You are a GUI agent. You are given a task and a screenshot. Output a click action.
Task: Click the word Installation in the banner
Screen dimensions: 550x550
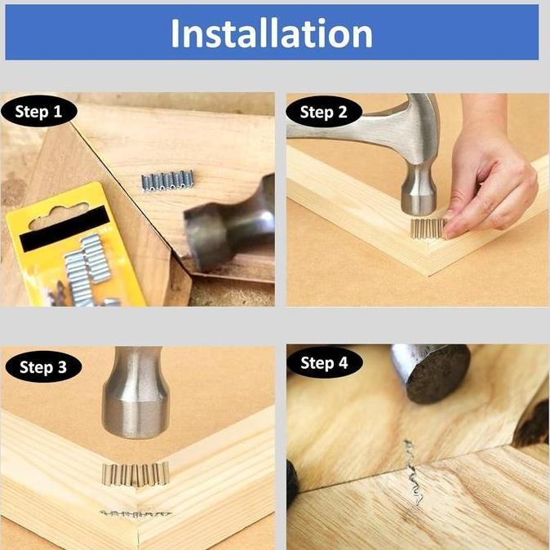click(271, 33)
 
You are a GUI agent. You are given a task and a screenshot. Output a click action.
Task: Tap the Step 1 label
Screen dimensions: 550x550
click(38, 112)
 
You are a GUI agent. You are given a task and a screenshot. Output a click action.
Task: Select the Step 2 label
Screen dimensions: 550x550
click(324, 112)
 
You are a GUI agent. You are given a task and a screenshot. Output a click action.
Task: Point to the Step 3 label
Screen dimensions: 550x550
click(43, 367)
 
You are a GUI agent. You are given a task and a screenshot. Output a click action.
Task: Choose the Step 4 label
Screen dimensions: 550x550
click(324, 362)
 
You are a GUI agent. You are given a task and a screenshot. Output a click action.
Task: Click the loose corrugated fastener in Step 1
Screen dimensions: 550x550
click(167, 180)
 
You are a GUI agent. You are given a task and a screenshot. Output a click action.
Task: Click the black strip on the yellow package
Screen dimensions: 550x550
click(64, 228)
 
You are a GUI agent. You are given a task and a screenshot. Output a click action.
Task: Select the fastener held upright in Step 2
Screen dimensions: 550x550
click(428, 228)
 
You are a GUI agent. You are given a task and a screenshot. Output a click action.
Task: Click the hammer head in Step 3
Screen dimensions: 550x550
click(135, 393)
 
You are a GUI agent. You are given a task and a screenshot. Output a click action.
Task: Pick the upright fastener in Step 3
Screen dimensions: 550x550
click(135, 474)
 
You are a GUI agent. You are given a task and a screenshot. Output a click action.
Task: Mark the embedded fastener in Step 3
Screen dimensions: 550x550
click(135, 514)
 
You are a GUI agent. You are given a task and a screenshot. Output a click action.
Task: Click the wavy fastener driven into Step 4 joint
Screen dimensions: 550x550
click(413, 472)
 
